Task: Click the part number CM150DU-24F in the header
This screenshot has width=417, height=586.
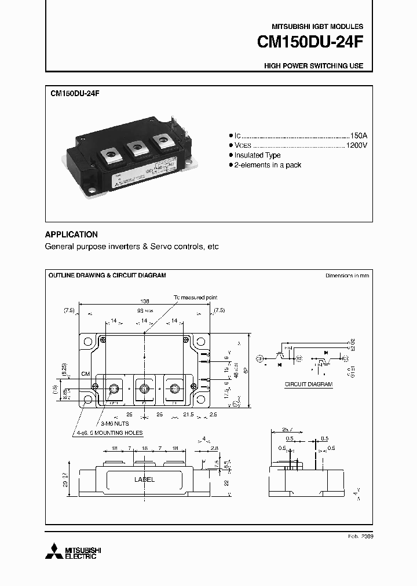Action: tap(310, 43)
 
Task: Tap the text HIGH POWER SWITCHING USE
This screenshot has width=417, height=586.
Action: tap(313, 66)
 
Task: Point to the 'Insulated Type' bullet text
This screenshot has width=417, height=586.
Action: tap(257, 155)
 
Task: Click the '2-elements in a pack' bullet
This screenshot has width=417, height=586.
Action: tap(268, 165)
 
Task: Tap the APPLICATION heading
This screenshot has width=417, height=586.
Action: tap(71, 235)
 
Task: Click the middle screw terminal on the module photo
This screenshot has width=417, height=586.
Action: tap(138, 148)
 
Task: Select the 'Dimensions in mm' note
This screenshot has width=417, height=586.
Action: tap(347, 276)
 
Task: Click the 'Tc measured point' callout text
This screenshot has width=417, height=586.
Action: tap(196, 297)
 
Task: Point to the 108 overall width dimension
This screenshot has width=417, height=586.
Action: tap(145, 302)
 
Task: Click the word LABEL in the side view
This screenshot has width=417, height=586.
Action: tap(144, 479)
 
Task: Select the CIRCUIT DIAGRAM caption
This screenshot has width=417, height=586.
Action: tap(308, 384)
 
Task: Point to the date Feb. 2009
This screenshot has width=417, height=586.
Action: tap(360, 537)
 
